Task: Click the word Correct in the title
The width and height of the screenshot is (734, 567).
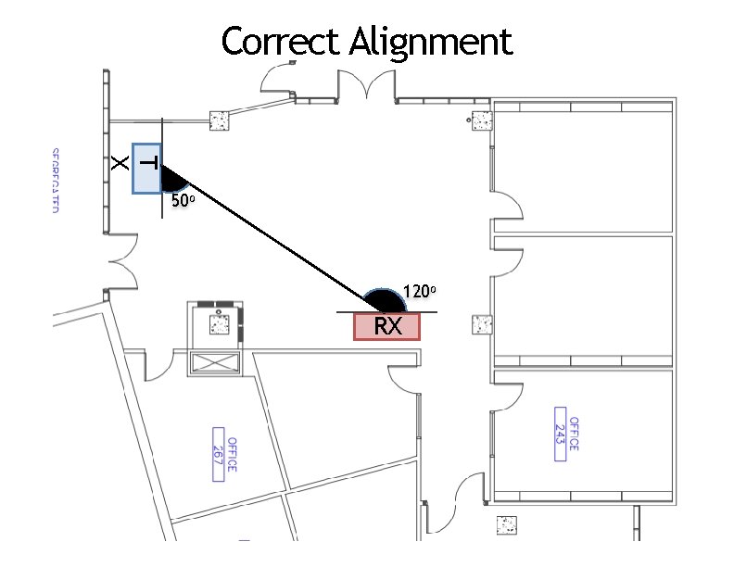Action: click(282, 42)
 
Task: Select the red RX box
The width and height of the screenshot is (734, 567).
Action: click(386, 326)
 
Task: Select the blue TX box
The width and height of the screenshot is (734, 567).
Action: click(146, 168)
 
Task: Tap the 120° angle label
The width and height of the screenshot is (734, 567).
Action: click(419, 291)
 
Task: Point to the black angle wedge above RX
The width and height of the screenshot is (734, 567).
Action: click(384, 301)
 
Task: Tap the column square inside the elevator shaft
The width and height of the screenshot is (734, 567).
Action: click(219, 323)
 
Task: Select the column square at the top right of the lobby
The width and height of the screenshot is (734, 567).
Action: click(481, 120)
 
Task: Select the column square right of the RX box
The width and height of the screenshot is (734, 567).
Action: click(482, 324)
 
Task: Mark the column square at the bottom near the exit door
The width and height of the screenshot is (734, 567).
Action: click(506, 524)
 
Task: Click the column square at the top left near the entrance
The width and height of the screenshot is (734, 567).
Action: click(220, 120)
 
